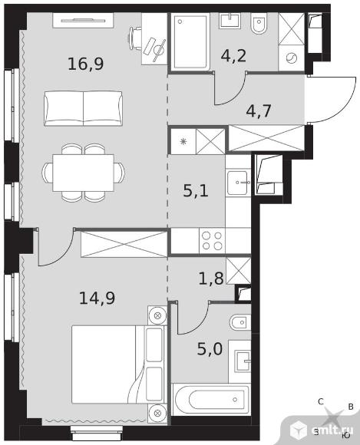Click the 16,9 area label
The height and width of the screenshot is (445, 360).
(x=86, y=64)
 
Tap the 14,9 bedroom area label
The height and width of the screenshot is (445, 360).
(x=97, y=298)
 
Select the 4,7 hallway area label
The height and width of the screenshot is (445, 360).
(x=259, y=110)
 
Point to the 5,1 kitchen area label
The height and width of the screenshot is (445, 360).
(x=196, y=190)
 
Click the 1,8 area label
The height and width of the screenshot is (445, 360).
(x=211, y=279)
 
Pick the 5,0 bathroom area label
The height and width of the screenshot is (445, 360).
(x=210, y=349)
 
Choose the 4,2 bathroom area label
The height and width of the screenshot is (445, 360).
(x=233, y=55)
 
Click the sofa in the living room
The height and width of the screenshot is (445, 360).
(x=83, y=108)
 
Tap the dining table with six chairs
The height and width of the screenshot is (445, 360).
(x=83, y=173)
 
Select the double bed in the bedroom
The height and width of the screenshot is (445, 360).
(x=118, y=364)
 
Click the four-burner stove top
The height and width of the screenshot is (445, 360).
(x=212, y=241)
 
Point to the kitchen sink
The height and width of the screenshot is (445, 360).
(x=238, y=183)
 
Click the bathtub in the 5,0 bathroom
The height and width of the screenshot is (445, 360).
(x=211, y=400)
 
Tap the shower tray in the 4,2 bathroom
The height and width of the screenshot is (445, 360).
(x=190, y=42)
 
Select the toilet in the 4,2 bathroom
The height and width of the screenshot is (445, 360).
(x=259, y=23)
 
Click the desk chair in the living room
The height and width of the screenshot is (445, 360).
(x=134, y=38)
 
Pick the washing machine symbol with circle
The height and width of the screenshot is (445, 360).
(x=291, y=58)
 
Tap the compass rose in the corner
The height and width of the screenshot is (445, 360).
(x=334, y=417)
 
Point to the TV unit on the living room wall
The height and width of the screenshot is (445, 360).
(x=83, y=20)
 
